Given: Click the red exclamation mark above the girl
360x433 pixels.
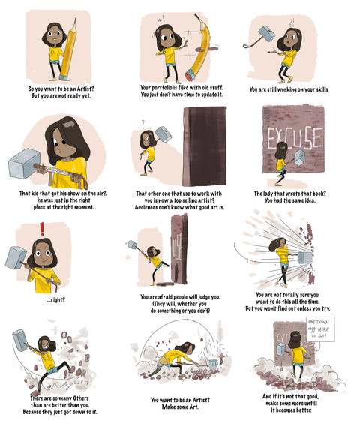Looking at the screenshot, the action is [42, 229].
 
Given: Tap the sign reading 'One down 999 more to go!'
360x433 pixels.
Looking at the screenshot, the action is [320, 329].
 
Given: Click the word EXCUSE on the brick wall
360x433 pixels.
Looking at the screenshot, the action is [295, 138].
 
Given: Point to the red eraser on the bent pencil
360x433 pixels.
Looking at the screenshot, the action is [190, 75].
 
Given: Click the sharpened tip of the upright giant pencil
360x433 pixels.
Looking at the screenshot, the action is [75, 19].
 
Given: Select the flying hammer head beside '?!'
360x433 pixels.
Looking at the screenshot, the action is [267, 34].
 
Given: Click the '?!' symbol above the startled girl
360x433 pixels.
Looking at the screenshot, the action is [292, 23].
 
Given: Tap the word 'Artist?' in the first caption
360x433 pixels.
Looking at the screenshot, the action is [85, 89].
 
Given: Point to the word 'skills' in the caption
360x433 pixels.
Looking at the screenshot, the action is [321, 89].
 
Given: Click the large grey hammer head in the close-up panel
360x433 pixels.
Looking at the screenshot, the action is [24, 163].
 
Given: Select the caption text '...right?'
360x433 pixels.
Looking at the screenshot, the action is [56, 299].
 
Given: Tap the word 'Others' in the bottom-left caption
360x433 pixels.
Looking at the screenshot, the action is [81, 398].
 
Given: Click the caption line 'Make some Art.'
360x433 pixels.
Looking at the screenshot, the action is [180, 407].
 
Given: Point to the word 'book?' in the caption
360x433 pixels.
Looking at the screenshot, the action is [319, 194].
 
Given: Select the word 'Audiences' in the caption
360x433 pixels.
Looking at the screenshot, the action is [146, 207].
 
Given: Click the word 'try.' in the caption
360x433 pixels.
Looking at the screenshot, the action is [325, 308].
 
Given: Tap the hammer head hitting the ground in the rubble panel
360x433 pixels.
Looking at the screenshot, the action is [213, 365].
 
